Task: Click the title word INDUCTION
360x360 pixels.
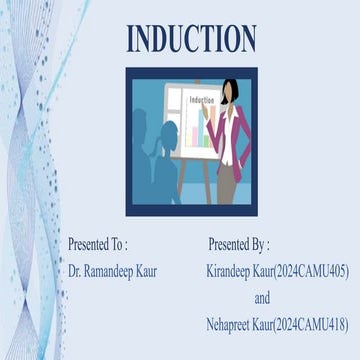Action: pyautogui.click(x=190, y=39)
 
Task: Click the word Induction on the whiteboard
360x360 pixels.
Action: pyautogui.click(x=201, y=101)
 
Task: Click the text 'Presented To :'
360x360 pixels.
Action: pyautogui.click(x=97, y=244)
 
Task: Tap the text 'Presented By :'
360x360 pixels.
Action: pyautogui.click(x=239, y=244)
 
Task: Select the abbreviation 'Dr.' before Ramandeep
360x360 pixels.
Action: pyautogui.click(x=75, y=271)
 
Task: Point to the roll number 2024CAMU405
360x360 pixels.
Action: pyautogui.click(x=310, y=271)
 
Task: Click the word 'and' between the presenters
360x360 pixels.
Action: pyautogui.click(x=262, y=297)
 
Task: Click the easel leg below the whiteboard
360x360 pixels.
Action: pyautogui.click(x=199, y=180)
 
